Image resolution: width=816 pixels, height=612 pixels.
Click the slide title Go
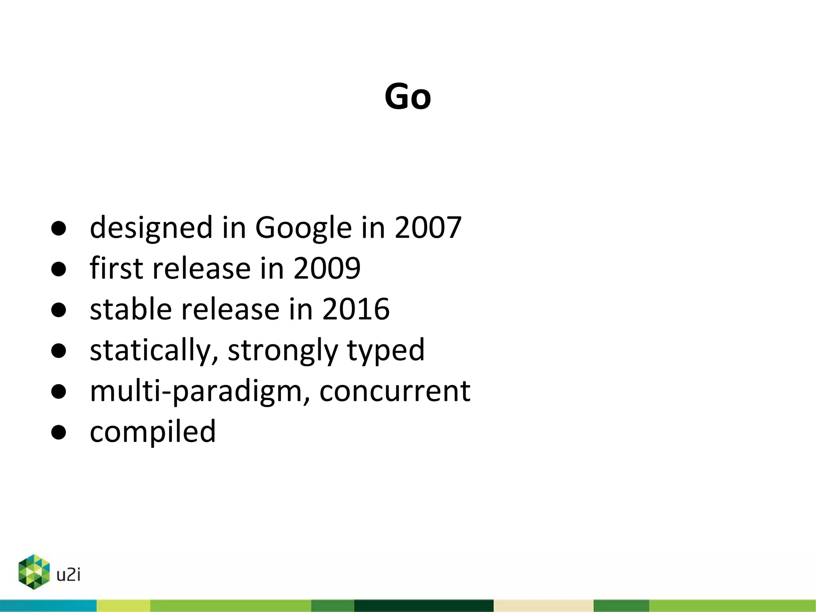408,96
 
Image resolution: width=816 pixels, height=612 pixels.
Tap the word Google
303,228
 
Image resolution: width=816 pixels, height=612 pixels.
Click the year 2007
428,228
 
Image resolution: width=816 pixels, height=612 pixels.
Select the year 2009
327,268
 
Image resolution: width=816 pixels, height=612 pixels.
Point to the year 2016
355,309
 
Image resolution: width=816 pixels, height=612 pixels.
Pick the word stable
131,309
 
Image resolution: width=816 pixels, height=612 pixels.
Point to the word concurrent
394,392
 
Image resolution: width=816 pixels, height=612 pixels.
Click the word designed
151,228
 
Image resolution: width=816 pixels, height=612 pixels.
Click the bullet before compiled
59,432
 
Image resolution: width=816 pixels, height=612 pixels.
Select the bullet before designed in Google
59,228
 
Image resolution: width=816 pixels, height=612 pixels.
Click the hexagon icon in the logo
34,572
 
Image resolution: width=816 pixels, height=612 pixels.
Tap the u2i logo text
69,575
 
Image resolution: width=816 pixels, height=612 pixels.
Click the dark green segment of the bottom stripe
424,606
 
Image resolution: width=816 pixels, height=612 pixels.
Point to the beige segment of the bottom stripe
543,606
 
